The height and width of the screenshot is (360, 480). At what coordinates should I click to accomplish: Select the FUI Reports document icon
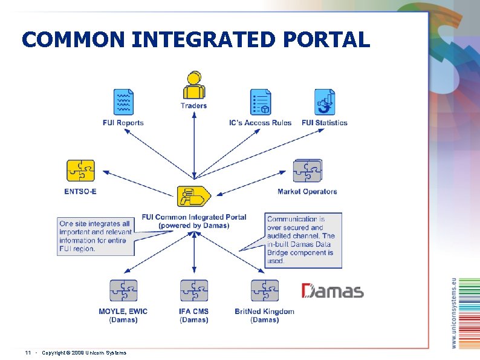point(123,102)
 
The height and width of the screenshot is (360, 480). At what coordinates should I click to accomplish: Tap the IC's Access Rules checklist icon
point(261,102)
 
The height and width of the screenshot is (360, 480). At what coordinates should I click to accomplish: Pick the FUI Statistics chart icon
point(325,102)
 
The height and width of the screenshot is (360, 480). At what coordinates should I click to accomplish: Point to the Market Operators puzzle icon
point(307,171)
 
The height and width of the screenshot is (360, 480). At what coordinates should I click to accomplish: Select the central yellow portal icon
point(193,196)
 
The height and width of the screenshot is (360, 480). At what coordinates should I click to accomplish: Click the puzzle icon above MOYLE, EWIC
point(123,290)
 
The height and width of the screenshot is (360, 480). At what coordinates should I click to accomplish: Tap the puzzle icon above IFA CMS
point(193,290)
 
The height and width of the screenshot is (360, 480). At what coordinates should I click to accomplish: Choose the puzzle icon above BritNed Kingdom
point(265,290)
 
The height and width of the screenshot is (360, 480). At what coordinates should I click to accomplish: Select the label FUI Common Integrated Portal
point(194,217)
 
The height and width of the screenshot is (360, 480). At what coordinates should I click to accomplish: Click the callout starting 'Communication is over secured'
point(303,240)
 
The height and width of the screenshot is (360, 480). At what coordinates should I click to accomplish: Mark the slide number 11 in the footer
point(28,353)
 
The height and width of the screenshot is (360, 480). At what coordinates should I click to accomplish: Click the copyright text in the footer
point(84,353)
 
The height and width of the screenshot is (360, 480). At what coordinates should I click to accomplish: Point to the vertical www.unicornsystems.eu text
point(455,313)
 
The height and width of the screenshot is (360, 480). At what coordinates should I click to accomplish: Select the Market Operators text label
point(307,192)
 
